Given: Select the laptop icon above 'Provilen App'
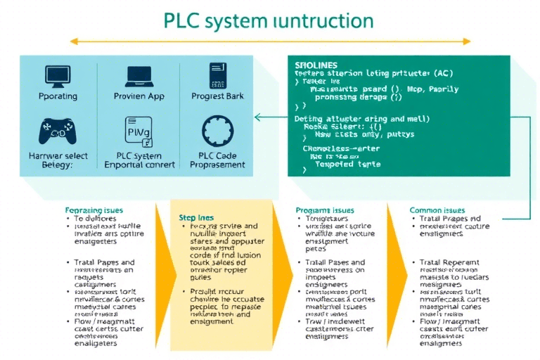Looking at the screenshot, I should (139, 77).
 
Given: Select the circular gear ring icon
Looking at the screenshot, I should (217, 131).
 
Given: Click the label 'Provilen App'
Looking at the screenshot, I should (139, 96).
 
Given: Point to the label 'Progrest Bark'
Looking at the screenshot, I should (218, 96).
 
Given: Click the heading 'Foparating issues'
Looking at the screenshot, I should (94, 210).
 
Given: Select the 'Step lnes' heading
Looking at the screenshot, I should (196, 218).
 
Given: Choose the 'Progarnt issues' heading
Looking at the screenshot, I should (326, 210).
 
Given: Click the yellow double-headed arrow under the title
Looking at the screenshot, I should (270, 42).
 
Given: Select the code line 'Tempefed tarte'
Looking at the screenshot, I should (347, 163).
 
